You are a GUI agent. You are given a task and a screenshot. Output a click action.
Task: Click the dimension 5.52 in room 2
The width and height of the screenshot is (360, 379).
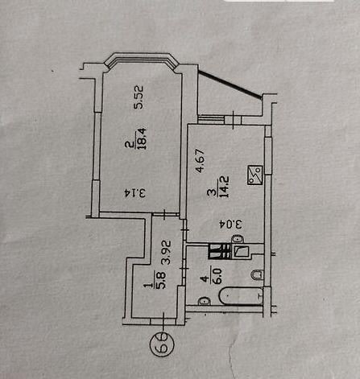(139, 97)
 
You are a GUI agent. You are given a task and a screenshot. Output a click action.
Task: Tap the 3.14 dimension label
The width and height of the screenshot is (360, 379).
(135, 193)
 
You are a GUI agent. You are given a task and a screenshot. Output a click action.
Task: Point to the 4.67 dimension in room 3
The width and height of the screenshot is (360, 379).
(201, 160)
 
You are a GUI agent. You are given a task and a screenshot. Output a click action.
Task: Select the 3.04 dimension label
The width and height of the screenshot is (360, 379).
(231, 224)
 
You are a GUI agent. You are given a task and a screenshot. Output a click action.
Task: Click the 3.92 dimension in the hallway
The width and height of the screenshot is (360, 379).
(167, 253)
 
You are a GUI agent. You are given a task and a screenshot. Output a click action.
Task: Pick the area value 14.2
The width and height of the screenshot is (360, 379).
(224, 187)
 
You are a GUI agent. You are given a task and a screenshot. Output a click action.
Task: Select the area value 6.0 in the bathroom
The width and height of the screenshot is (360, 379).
(217, 276)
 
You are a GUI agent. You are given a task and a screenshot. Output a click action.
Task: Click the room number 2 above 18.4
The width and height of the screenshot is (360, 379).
(130, 145)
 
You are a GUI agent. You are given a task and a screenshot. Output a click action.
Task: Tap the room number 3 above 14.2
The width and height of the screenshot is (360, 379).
(211, 192)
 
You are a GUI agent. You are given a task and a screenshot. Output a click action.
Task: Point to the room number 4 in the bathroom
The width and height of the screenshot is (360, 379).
(205, 280)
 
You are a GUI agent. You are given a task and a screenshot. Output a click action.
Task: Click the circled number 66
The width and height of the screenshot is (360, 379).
(162, 344)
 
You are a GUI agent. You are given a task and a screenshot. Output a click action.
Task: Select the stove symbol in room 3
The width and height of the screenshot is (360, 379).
(254, 175)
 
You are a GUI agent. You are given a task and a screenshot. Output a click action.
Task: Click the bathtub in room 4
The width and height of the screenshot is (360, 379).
(241, 296)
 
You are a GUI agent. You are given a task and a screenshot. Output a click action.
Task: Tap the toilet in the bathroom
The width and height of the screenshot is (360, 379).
(258, 275)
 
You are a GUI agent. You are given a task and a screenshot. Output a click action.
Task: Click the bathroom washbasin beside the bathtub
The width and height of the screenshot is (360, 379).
(205, 301)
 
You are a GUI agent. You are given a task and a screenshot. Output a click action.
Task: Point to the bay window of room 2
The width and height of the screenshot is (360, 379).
(141, 62)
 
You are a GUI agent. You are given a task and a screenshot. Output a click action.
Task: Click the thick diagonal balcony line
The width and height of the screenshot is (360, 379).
(230, 84)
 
